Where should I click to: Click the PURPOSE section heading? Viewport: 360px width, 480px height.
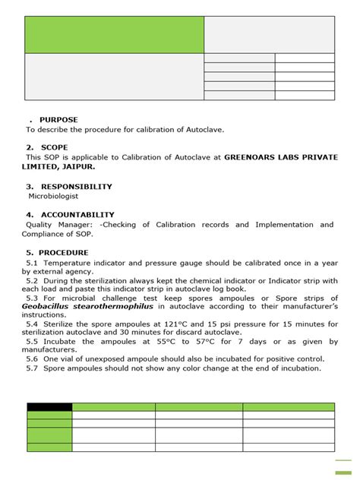58,120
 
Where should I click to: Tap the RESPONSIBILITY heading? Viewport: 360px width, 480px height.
77,186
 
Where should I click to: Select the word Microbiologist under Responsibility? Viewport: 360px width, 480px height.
53,196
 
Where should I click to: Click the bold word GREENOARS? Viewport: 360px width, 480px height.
251,157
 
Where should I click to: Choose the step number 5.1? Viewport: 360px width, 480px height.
31,262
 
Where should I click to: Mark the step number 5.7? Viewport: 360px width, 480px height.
31,368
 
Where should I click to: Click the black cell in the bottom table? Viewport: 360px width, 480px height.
49,407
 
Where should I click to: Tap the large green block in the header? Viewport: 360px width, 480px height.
114,35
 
